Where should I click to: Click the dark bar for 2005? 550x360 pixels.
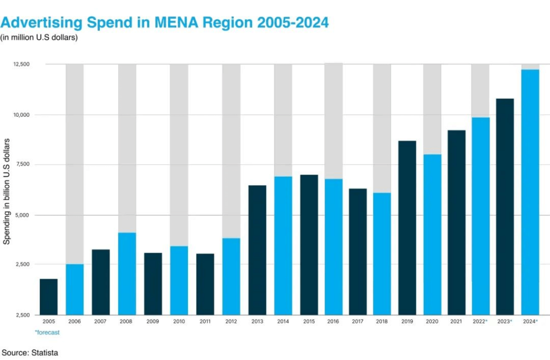pos(48,297)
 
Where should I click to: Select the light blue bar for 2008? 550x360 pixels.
pos(127,273)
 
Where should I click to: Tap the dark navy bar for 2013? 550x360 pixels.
pos(257,250)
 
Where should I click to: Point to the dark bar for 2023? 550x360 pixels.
pos(504,206)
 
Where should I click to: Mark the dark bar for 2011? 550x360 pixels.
pos(205,284)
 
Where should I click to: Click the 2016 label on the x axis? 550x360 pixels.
pos(334,321)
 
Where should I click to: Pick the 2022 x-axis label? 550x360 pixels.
pos(479,321)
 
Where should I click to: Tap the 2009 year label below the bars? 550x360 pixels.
pos(153,321)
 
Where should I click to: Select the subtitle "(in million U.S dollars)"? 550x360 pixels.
pos(39,38)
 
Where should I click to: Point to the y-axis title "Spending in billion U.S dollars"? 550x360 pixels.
pos(7,191)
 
